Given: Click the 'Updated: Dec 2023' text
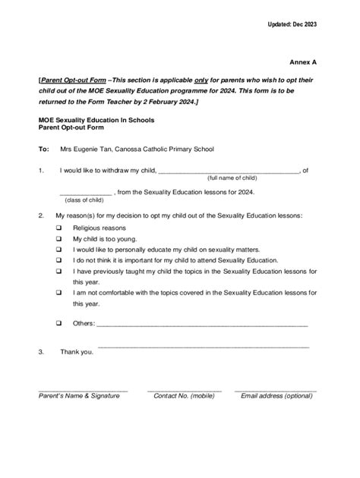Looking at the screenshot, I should (292, 25).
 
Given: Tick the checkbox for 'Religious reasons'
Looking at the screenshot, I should (58, 228).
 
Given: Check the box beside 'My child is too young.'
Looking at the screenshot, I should (58, 238).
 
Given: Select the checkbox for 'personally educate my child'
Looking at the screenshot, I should (58, 249).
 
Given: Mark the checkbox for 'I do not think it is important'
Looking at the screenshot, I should (58, 259).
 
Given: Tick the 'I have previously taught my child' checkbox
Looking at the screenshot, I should (58, 271).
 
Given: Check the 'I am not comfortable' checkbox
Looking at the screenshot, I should (58, 292).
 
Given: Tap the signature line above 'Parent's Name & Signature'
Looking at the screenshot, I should (83, 389).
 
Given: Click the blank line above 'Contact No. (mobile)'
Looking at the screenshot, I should (184, 389).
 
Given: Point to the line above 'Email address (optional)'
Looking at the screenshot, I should (275, 389).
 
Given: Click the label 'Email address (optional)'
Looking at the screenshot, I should (276, 396).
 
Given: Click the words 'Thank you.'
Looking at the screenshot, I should (77, 352).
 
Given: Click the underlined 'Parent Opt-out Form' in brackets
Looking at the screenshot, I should (72, 80).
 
